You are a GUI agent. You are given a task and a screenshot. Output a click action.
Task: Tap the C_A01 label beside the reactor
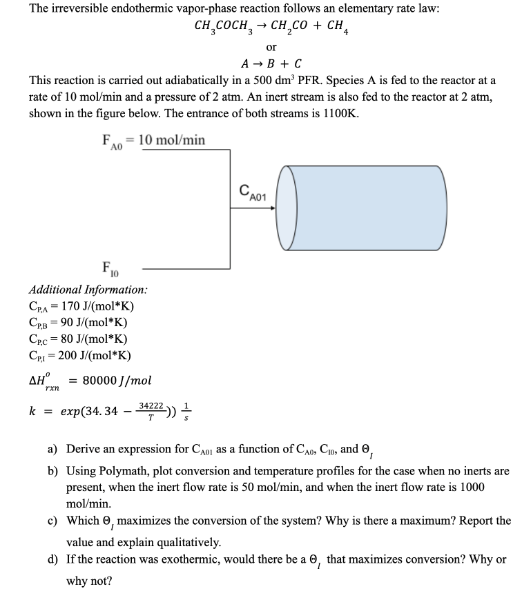coord(256,192)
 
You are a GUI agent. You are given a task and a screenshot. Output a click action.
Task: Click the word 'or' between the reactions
coord(271,48)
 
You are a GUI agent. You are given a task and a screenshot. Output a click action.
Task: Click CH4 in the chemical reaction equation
coord(334,28)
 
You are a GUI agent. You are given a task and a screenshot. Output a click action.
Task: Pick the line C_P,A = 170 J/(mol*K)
coord(81,307)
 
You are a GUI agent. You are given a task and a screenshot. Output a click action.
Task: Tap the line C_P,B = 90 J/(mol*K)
coord(78,323)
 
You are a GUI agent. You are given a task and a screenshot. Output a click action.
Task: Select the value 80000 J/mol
coord(117,381)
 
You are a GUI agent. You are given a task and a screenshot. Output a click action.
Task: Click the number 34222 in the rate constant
coord(151,407)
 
